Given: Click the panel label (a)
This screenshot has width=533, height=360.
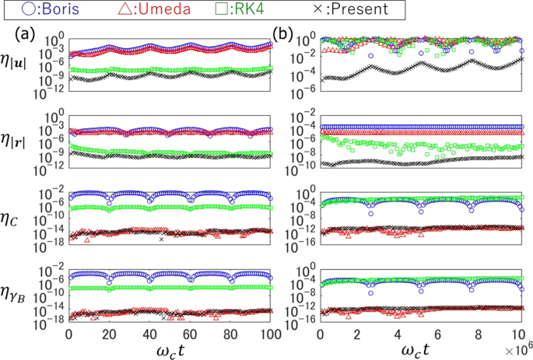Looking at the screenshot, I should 24,35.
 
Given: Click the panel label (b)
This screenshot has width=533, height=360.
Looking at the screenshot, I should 282,35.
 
